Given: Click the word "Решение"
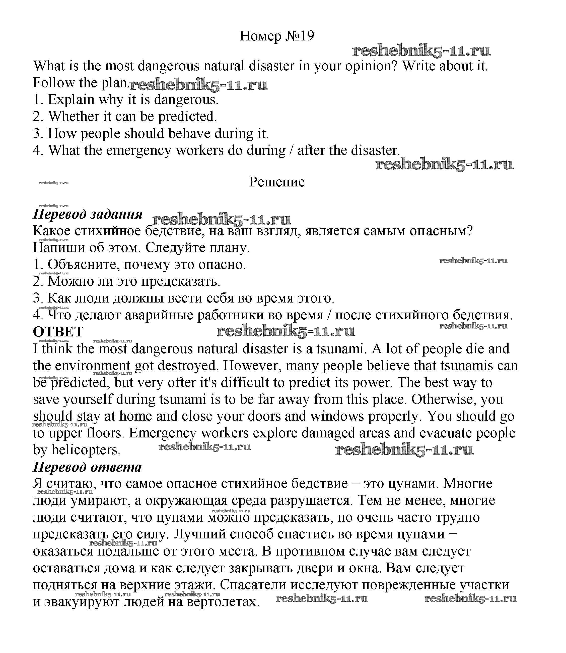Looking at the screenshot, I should click(x=277, y=182).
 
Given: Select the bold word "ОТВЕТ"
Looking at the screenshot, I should click(x=58, y=332).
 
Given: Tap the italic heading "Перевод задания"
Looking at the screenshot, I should click(x=88, y=214).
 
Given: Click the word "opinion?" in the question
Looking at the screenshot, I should click(x=371, y=66).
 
